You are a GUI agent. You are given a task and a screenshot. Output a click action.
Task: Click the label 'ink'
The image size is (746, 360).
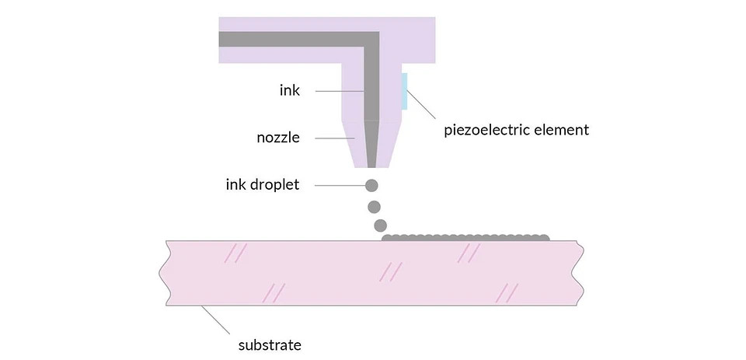289,91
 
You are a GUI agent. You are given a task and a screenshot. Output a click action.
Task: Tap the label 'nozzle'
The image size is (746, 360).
277,138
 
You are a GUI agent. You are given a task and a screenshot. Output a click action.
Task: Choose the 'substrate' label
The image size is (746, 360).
269,343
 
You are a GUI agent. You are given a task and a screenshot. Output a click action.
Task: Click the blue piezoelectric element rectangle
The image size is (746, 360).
404,91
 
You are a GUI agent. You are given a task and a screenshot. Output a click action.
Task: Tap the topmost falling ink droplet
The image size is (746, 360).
372,186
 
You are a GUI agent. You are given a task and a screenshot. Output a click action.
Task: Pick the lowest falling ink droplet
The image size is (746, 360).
380,225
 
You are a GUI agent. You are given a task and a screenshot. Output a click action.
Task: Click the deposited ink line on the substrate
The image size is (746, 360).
466,236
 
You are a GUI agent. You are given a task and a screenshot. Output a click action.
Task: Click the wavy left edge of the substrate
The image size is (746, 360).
163,272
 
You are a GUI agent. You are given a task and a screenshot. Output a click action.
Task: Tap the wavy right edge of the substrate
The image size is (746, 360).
580,272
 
